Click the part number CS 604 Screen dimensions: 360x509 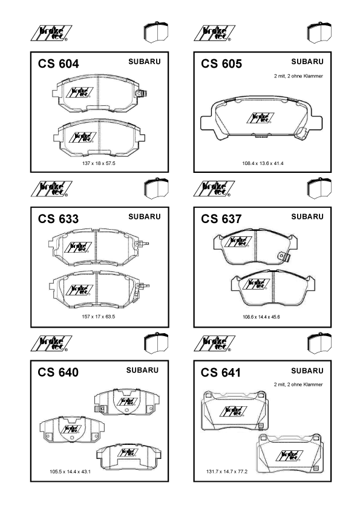pyautogui.click(x=58, y=63)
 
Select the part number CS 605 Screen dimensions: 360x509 pyautogui.click(x=221, y=63)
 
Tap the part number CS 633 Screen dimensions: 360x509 pyautogui.click(x=58, y=219)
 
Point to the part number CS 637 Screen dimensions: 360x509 pyautogui.click(x=221, y=219)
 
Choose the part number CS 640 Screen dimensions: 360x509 pyautogui.click(x=58, y=372)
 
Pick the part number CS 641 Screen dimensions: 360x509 pyautogui.click(x=221, y=372)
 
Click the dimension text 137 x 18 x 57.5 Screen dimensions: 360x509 pyautogui.click(x=99, y=163)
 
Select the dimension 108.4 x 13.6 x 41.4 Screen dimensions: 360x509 pyautogui.click(x=263, y=163)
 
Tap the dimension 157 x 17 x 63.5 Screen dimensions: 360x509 pyautogui.click(x=99, y=317)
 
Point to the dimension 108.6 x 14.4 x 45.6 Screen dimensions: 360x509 pyautogui.click(x=261, y=317)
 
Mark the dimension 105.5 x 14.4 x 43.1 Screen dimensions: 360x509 pyautogui.click(x=70, y=472)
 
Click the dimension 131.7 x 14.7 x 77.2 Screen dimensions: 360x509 pyautogui.click(x=227, y=472)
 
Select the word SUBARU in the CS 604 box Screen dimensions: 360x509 pyautogui.click(x=144, y=61)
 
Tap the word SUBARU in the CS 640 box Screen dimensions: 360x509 pyautogui.click(x=142, y=370)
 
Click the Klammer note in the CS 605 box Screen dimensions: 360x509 pyautogui.click(x=299, y=76)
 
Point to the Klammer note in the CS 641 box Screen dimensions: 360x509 pyautogui.click(x=298, y=384)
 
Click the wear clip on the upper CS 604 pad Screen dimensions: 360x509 pyautogui.click(x=142, y=94)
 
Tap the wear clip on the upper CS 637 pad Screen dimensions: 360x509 pyautogui.click(x=284, y=256)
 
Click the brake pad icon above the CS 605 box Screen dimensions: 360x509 pyautogui.click(x=319, y=32)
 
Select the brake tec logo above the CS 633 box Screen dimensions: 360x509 pyautogui.click(x=51, y=189)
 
